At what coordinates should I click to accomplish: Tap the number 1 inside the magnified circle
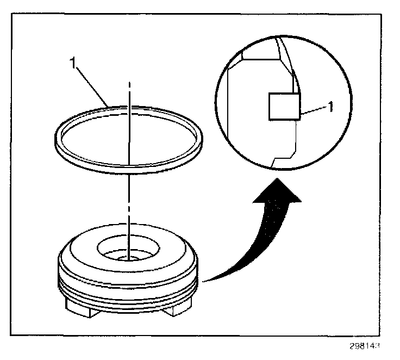(330, 107)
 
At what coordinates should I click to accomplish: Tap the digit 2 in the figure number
(361, 346)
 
